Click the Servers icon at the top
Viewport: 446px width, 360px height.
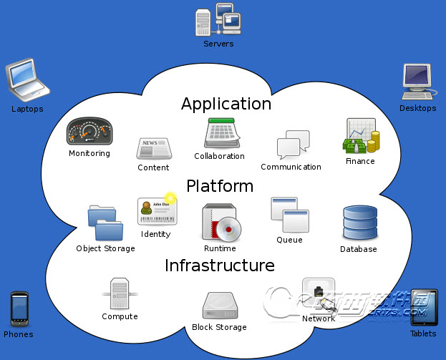[x=217, y=19]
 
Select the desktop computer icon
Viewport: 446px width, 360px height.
[x=417, y=82]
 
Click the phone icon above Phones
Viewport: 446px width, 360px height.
[x=19, y=309]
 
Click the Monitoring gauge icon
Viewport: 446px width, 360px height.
[x=89, y=132]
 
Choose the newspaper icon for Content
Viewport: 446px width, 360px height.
[x=153, y=148]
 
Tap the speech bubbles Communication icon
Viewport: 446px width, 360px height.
[x=293, y=145]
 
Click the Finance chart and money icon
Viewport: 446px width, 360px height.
[x=361, y=136]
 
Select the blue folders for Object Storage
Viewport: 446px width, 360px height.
[x=105, y=223]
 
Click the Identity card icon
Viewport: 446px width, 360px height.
[x=157, y=210]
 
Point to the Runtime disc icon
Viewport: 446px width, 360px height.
[x=220, y=223]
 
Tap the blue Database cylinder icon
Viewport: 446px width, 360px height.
[x=359, y=223]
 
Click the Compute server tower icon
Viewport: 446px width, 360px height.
[x=120, y=293]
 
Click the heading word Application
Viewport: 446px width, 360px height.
[x=226, y=104]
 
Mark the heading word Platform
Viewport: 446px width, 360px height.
[x=220, y=187]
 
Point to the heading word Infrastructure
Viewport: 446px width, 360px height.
[x=220, y=266]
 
